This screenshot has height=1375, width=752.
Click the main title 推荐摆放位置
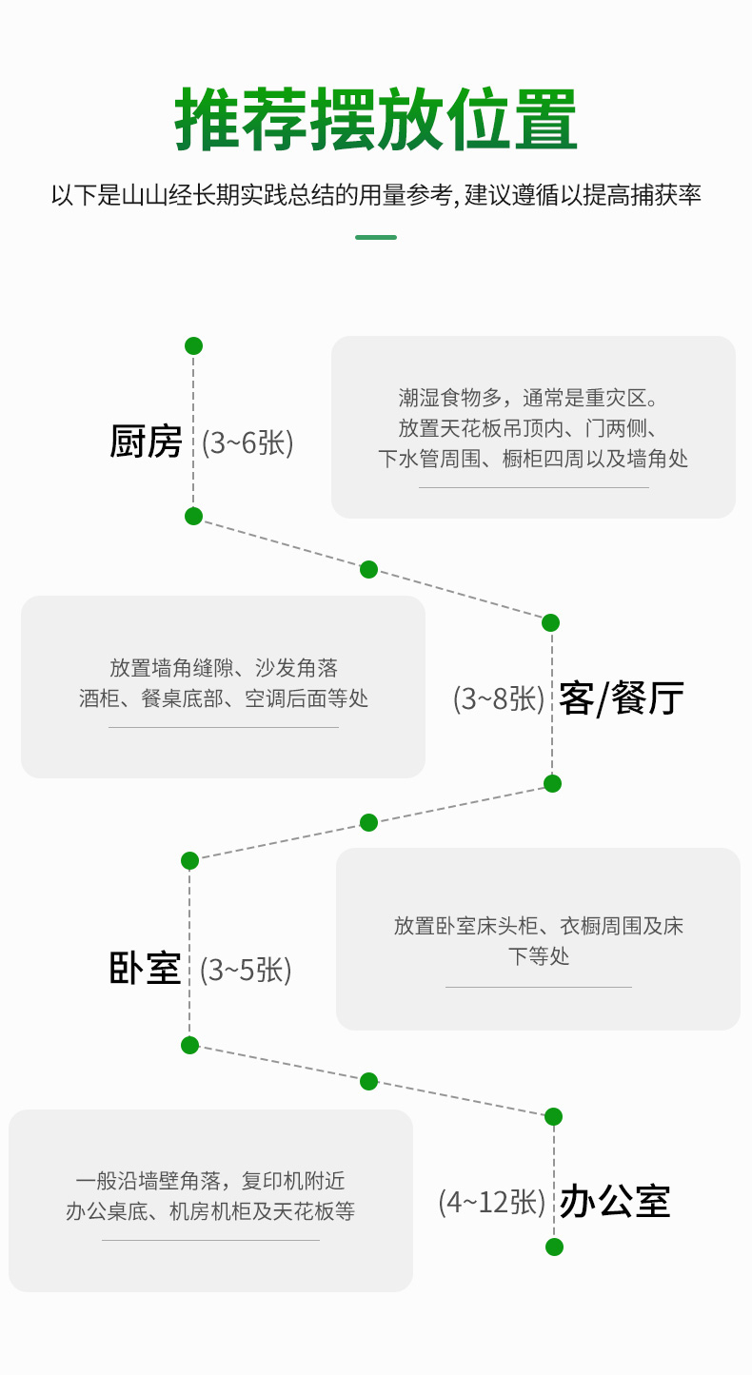pos(376,119)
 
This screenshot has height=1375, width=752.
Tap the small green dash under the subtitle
pos(376,238)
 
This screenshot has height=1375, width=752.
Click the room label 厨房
pos(146,442)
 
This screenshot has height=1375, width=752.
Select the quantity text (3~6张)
pos(247,442)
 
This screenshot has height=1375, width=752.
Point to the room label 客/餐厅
pos(622,697)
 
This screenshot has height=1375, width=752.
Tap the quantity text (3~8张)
pos(499,698)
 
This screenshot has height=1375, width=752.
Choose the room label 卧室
pos(145,969)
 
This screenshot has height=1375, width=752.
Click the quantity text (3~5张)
pos(246,970)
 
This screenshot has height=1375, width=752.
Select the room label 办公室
pos(615,1201)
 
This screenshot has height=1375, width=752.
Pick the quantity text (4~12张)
pos(492,1202)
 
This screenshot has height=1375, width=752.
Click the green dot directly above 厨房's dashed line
pos(193,345)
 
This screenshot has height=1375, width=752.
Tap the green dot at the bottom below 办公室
pos(554,1247)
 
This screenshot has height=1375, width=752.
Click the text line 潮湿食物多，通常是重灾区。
pos(528,398)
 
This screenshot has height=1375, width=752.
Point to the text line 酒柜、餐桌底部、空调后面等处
pos(224,697)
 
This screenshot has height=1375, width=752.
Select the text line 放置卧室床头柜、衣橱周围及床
pos(539,926)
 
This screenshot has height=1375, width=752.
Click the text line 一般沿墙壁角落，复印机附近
pos(210,1181)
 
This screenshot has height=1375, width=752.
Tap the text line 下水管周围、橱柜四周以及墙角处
pos(533,459)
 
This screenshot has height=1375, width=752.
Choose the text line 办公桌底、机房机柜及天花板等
pos(210,1211)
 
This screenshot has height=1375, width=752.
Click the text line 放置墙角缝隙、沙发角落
pos(224,667)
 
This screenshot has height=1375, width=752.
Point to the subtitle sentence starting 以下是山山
pos(376,195)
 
